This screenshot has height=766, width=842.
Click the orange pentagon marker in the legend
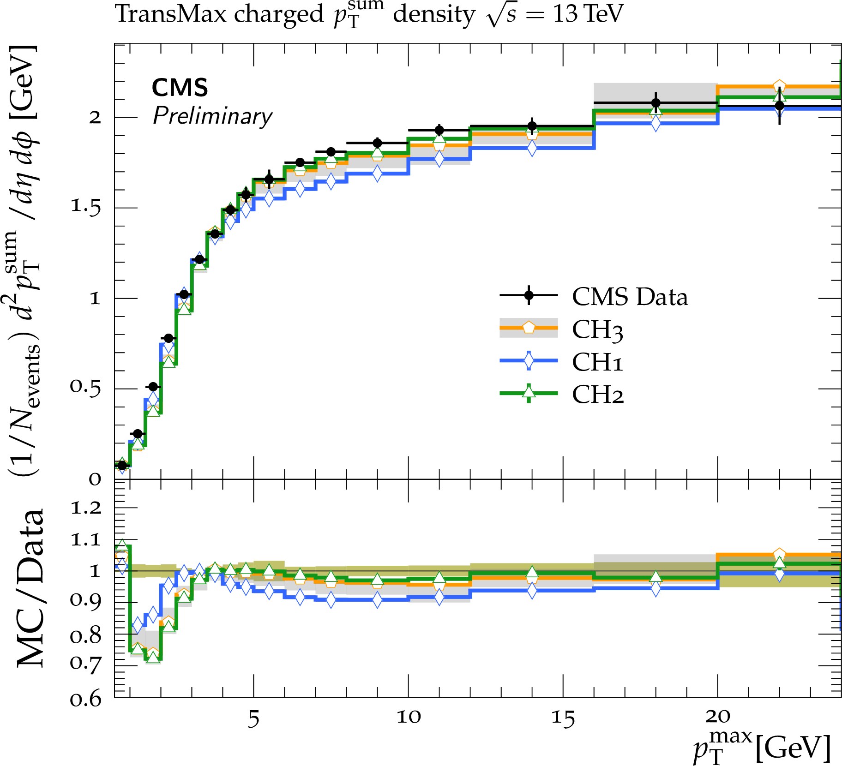(529, 328)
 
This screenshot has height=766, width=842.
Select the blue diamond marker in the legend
(529, 360)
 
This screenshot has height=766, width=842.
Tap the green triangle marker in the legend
(529, 392)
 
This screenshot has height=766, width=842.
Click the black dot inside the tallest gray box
(656, 102)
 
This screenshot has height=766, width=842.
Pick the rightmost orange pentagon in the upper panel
(779, 86)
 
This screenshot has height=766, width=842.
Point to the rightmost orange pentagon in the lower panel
(779, 554)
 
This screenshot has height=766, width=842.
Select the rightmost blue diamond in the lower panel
(779, 574)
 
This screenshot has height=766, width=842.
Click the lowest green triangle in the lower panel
(153, 657)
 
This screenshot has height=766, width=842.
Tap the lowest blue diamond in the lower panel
(138, 625)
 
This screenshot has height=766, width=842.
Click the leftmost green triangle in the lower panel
(122, 545)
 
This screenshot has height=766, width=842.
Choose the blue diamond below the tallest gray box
(656, 123)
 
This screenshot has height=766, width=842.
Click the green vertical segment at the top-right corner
(840, 69)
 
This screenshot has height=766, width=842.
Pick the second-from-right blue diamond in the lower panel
(656, 588)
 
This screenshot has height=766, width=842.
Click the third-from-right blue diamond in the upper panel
(532, 148)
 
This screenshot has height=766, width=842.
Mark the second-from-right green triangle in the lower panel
(656, 576)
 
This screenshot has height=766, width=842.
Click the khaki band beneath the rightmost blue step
(779, 582)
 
